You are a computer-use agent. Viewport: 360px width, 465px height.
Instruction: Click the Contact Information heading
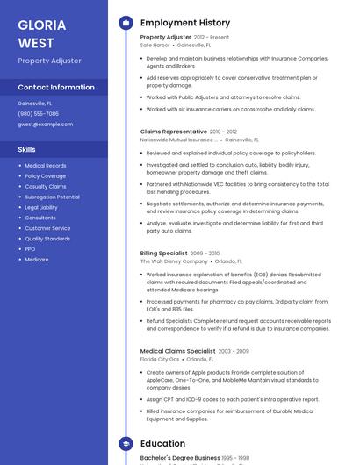pos(56,87)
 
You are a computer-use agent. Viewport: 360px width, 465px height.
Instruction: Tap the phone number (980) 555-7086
pos(38,113)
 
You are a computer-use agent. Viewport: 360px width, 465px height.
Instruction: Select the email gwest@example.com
pos(45,124)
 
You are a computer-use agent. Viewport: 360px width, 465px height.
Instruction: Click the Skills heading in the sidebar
pos(26,149)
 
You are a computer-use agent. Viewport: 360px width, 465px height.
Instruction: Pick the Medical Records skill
pos(45,165)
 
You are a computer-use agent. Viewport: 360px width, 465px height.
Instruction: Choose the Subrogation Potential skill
pos(52,197)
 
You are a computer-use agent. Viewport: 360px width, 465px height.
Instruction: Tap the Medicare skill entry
pos(36,259)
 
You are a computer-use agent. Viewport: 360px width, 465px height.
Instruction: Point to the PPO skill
pos(30,248)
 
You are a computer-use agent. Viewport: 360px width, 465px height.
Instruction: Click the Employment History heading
pos(184,23)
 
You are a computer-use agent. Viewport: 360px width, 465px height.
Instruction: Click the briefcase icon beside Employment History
pos(126,23)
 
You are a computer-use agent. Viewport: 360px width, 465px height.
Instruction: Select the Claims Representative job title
pos(173,132)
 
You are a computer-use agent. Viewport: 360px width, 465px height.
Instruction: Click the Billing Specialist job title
pos(163,253)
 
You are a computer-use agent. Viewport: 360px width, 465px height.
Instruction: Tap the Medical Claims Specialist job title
pos(177,351)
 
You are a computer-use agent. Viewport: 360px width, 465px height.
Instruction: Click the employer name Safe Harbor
pos(155,45)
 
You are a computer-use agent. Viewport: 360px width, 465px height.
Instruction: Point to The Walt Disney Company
pos(174,261)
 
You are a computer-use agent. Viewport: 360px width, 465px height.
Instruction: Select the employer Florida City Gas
pos(160,359)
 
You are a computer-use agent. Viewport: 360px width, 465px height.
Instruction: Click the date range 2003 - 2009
pos(234,351)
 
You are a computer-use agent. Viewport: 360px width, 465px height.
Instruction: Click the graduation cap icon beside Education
pos(126,444)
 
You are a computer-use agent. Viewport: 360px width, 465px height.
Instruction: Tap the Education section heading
pos(162,444)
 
